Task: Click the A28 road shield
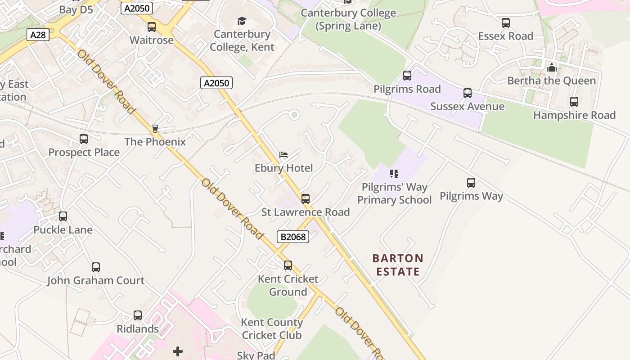coord(38,35)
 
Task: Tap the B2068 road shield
coord(292,237)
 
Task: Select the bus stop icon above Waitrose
coord(152,27)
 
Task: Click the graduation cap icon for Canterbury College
coord(242,21)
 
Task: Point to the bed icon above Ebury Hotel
coord(283,155)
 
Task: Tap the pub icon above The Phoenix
coord(155,129)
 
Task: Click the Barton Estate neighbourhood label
coord(398,265)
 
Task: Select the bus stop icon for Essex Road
coord(506,23)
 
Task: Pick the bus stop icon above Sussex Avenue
coord(468,93)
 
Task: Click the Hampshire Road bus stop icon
coord(574,102)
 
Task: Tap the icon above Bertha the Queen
coord(552,68)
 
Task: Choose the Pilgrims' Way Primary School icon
coord(394,174)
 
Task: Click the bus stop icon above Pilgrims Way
coord(471,183)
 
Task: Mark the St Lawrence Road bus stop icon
coord(306,198)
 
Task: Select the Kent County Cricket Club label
coord(272,328)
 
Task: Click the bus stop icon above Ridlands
coord(138,315)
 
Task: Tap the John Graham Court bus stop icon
coord(96,267)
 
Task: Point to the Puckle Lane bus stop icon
coord(63,216)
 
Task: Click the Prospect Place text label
coord(84,153)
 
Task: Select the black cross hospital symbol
coord(178,351)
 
